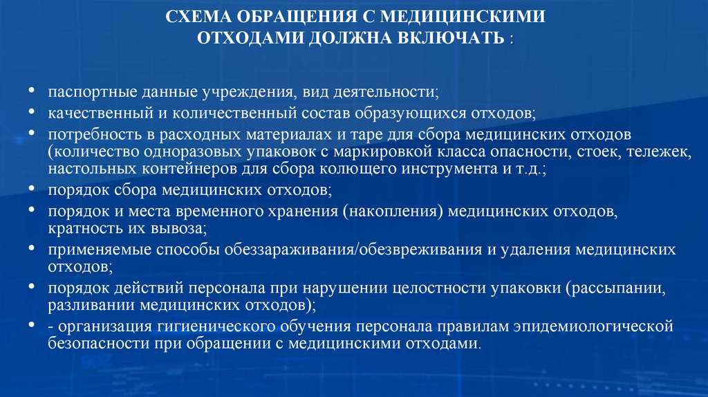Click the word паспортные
coord(86,91)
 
